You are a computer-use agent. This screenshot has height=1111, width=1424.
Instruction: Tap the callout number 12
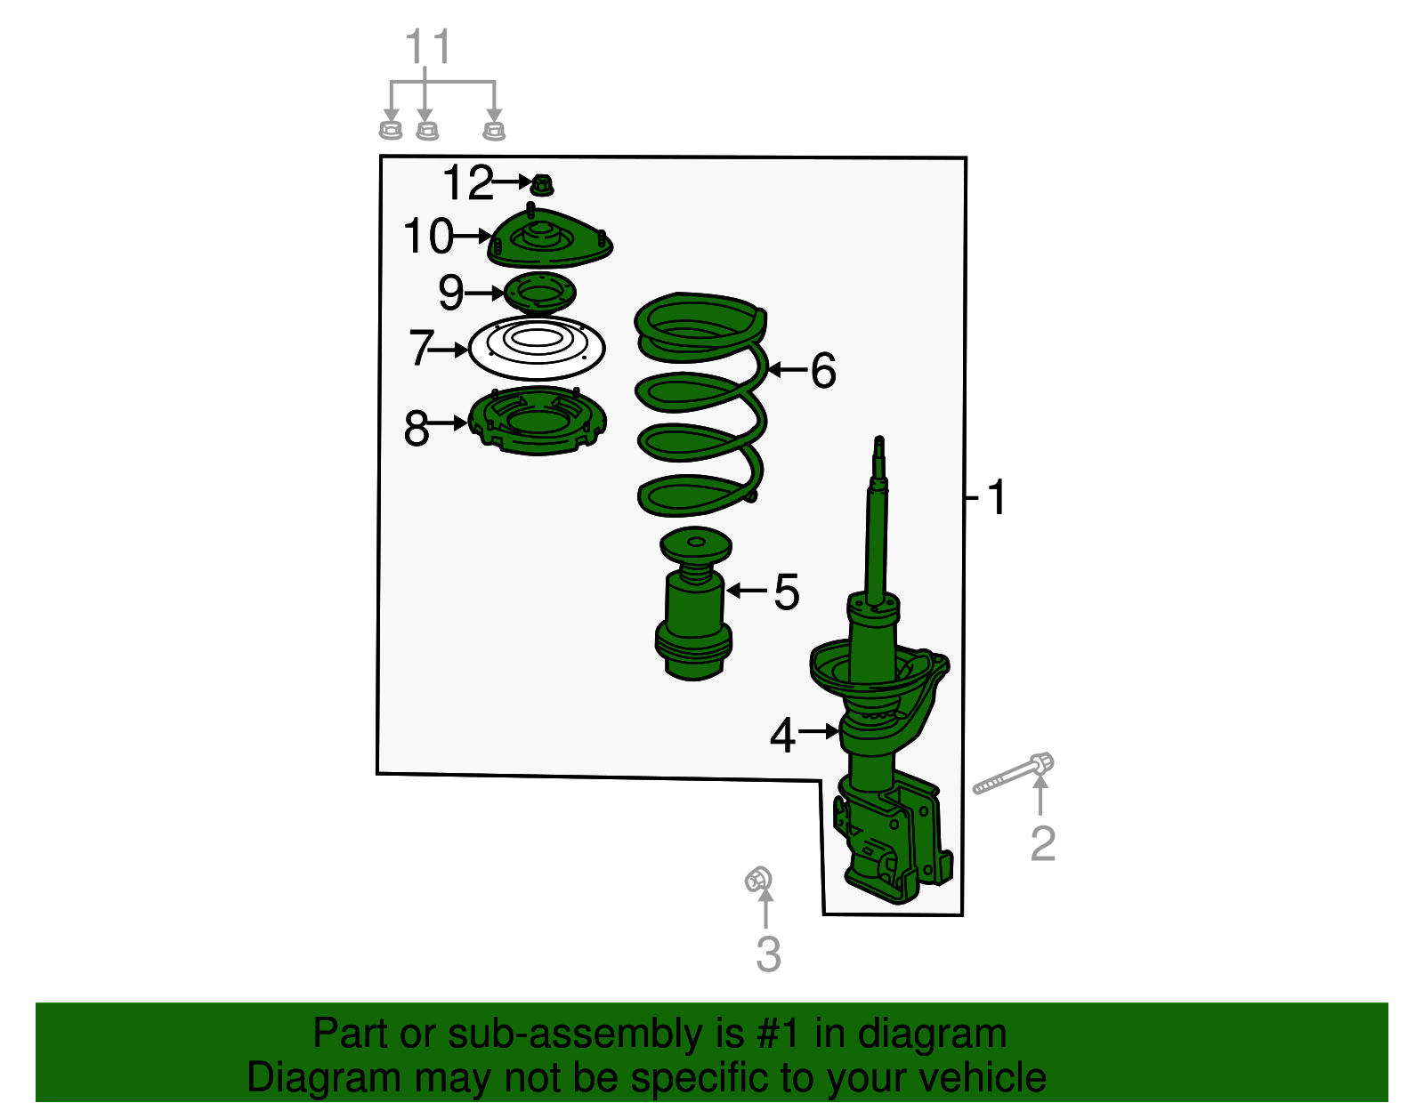[467, 183]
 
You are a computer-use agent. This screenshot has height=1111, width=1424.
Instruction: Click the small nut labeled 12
[542, 185]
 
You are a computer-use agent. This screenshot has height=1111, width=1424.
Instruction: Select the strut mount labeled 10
[549, 240]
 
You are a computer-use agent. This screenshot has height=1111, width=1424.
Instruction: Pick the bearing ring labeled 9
[539, 293]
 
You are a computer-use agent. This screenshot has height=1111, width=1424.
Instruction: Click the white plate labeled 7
[537, 348]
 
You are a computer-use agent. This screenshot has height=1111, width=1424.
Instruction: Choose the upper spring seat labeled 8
[538, 422]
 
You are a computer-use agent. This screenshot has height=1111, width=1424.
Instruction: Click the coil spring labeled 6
[700, 405]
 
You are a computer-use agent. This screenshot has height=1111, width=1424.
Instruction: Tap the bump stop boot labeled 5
[694, 614]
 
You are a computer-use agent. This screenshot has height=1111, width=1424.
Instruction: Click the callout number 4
[781, 737]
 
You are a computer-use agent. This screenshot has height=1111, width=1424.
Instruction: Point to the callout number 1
[996, 497]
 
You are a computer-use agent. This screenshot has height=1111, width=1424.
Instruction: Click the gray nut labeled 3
[758, 881]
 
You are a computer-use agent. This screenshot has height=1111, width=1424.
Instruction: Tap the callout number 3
[768, 954]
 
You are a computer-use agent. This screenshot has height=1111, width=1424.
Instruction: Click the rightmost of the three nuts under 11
[494, 131]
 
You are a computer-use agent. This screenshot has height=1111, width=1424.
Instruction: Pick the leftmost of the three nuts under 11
[390, 130]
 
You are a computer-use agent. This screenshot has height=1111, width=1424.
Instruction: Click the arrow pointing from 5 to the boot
[746, 591]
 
